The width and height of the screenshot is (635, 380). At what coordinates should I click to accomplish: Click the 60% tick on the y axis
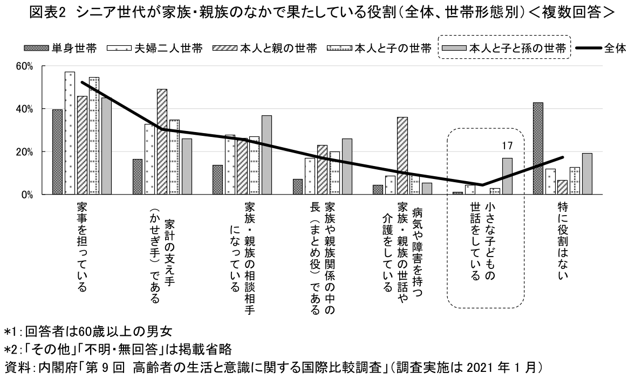pyautogui.click(x=25, y=66)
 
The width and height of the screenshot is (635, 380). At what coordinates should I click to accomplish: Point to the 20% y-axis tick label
pyautogui.click(x=25, y=151)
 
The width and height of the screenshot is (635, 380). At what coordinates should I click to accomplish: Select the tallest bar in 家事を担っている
pyautogui.click(x=70, y=133)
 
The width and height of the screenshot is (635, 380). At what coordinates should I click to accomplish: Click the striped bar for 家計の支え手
pyautogui.click(x=162, y=141)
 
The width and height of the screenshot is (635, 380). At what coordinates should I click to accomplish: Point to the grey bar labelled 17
pyautogui.click(x=507, y=176)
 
